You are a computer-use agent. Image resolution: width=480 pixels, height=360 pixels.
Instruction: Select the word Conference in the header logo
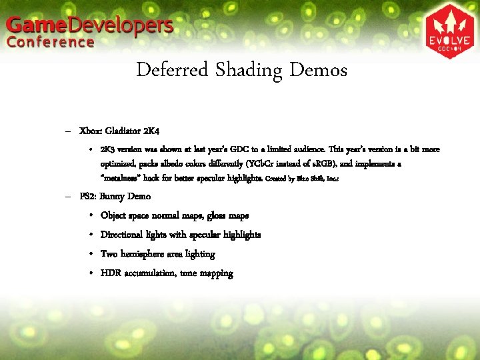point(51,43)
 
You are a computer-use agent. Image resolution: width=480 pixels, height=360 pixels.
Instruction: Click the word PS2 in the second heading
point(87,197)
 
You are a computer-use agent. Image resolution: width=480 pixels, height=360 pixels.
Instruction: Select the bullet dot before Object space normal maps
point(89,216)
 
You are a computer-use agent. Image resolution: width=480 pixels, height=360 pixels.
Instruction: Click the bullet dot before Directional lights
point(89,235)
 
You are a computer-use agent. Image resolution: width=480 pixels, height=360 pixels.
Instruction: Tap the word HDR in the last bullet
point(111,273)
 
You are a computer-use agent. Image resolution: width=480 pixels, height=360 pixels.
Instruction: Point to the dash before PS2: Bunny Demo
point(69,197)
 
